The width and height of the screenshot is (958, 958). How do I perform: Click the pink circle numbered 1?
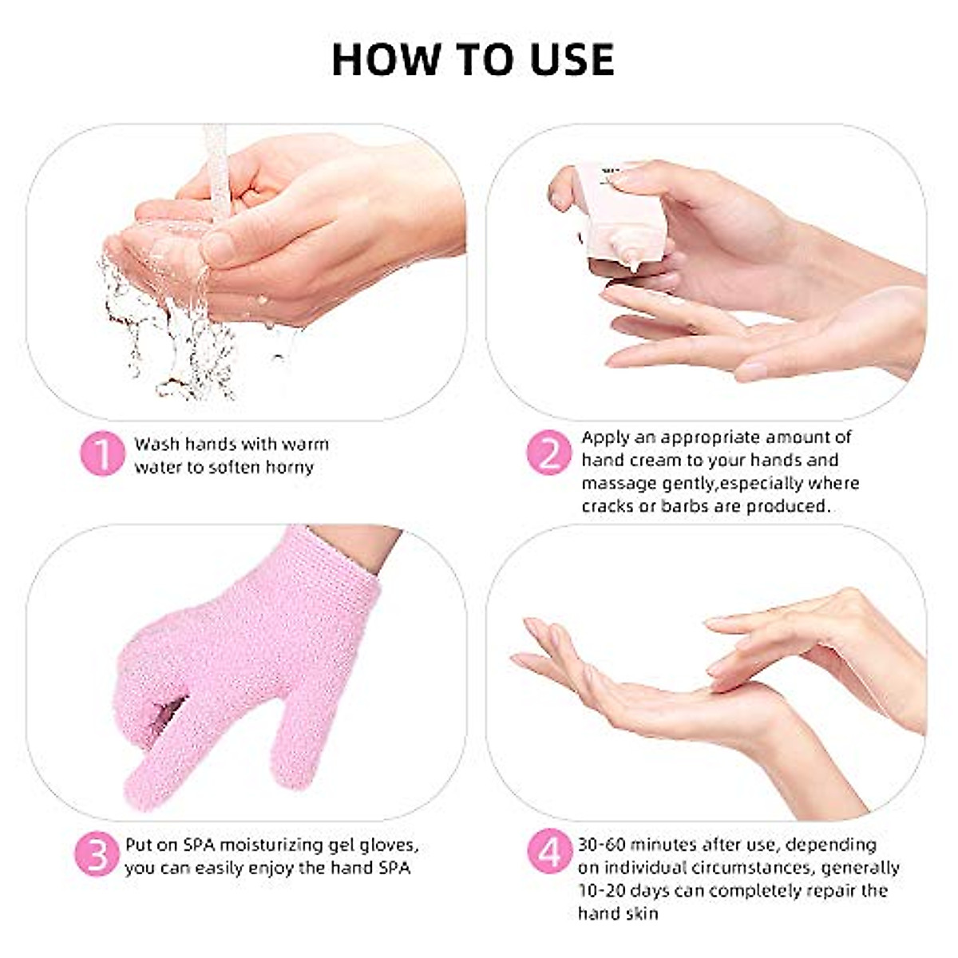103,454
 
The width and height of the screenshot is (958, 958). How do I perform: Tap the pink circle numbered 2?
549,454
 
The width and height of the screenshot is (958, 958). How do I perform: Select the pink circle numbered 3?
97,855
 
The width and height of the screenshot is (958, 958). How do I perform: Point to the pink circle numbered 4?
549,853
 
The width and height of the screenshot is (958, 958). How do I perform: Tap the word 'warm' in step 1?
305,445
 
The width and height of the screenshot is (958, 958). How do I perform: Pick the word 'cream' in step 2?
653,461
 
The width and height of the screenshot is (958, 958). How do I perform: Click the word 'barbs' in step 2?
684,506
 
